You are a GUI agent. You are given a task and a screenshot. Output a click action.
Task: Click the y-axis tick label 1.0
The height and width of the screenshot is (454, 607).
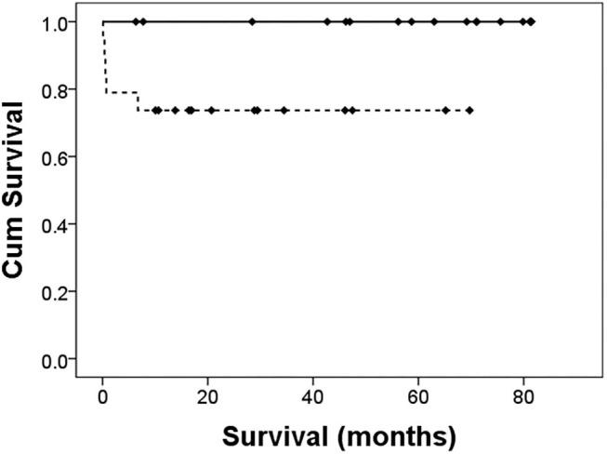click(63, 22)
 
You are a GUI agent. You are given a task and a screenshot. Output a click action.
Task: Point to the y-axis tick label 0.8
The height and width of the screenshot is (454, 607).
click(63, 89)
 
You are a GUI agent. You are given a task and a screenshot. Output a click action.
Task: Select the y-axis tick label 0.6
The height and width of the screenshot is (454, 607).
click(63, 157)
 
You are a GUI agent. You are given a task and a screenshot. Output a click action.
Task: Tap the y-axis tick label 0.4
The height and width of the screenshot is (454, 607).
click(63, 224)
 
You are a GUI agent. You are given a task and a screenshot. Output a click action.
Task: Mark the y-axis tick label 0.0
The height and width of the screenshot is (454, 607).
click(63, 359)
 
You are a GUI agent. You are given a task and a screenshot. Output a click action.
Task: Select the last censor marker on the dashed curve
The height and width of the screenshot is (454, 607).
click(470, 110)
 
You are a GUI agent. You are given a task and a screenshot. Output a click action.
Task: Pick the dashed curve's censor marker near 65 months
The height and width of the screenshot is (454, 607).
click(446, 110)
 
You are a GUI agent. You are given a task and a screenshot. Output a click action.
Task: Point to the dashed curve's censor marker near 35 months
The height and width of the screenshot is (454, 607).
click(284, 110)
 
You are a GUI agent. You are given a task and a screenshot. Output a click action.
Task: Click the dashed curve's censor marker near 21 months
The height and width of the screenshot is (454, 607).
click(212, 110)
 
